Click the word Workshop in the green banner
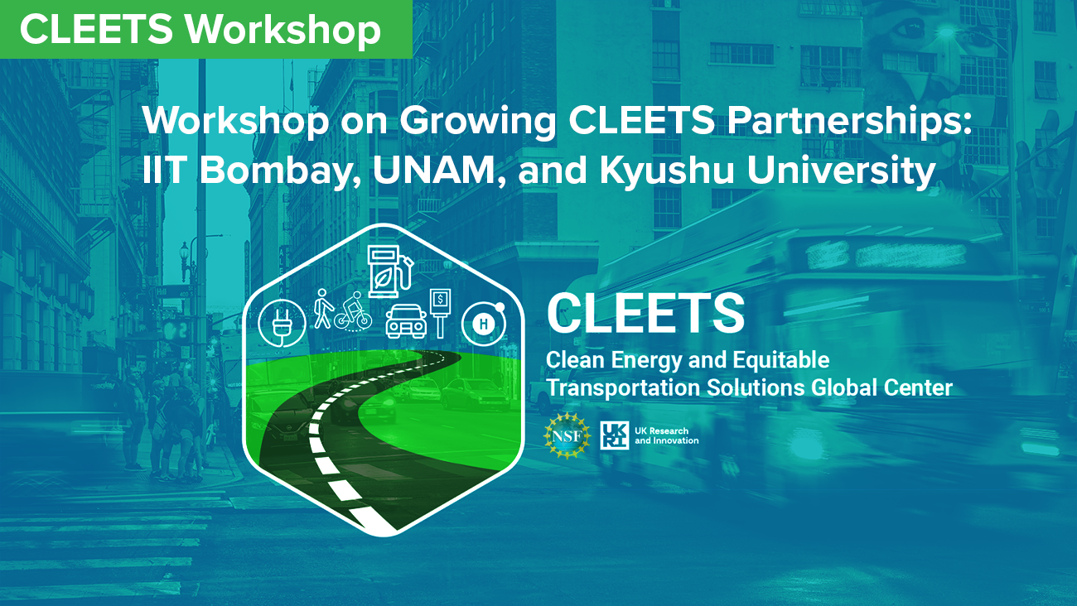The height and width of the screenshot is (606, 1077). [x=283, y=30]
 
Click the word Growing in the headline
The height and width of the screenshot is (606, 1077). [x=477, y=121]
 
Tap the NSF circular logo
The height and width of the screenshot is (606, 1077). [x=567, y=435]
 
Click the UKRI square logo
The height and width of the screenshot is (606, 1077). [x=615, y=435]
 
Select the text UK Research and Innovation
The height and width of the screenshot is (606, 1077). [x=666, y=435]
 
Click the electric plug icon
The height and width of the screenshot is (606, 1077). [x=283, y=323]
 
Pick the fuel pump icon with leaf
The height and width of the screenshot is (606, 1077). [x=389, y=272]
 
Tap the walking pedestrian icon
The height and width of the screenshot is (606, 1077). [x=324, y=309]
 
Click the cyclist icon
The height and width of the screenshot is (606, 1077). [x=354, y=311]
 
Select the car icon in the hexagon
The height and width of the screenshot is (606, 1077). [x=406, y=320]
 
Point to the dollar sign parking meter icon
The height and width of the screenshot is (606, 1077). [x=440, y=312]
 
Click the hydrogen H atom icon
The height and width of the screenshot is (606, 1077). [x=483, y=324]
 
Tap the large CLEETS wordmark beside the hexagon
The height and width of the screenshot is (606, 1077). [x=645, y=313]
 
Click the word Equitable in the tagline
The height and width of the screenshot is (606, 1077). [x=781, y=360]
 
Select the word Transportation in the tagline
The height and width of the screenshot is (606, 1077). [x=623, y=388]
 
